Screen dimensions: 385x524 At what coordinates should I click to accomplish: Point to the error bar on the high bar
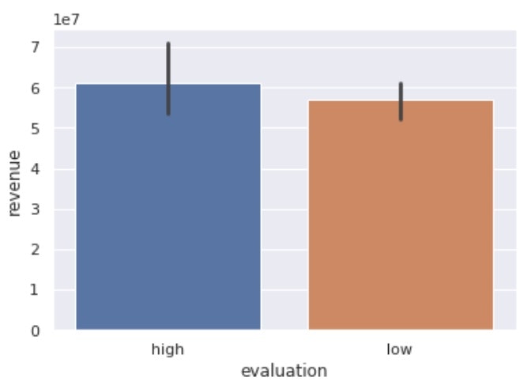[168, 78]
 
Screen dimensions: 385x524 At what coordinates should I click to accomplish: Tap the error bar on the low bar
[401, 101]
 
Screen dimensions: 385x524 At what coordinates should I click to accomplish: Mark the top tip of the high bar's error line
[168, 43]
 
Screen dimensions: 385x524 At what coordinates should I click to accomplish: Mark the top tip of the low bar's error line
[401, 82]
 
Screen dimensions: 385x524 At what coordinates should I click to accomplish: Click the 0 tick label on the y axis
[35, 330]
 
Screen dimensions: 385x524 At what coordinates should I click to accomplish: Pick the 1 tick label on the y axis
[35, 290]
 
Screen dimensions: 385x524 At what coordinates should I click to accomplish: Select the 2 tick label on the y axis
[35, 250]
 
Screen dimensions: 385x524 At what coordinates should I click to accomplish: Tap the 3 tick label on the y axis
[35, 209]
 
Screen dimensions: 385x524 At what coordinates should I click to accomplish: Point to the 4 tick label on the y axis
[35, 169]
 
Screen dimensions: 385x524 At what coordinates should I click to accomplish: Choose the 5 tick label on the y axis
[35, 128]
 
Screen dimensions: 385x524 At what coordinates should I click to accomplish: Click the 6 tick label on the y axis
[35, 88]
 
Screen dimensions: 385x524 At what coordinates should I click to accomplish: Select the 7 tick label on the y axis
[35, 47]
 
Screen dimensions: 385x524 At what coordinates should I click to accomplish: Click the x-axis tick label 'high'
[168, 349]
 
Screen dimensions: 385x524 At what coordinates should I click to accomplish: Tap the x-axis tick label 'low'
[401, 349]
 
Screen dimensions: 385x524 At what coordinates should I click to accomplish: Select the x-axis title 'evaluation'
[285, 370]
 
